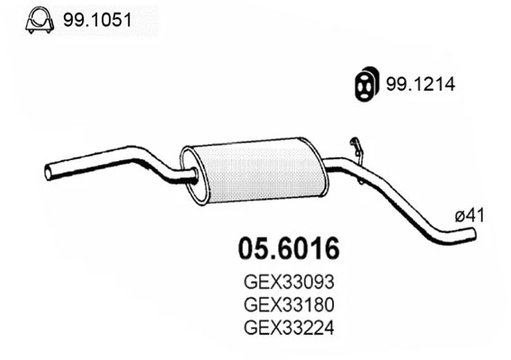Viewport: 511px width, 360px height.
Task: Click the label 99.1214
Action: pos(420,84)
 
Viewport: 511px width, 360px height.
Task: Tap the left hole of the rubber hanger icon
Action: pos(358,83)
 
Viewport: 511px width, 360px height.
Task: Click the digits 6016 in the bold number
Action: pos(309,245)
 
